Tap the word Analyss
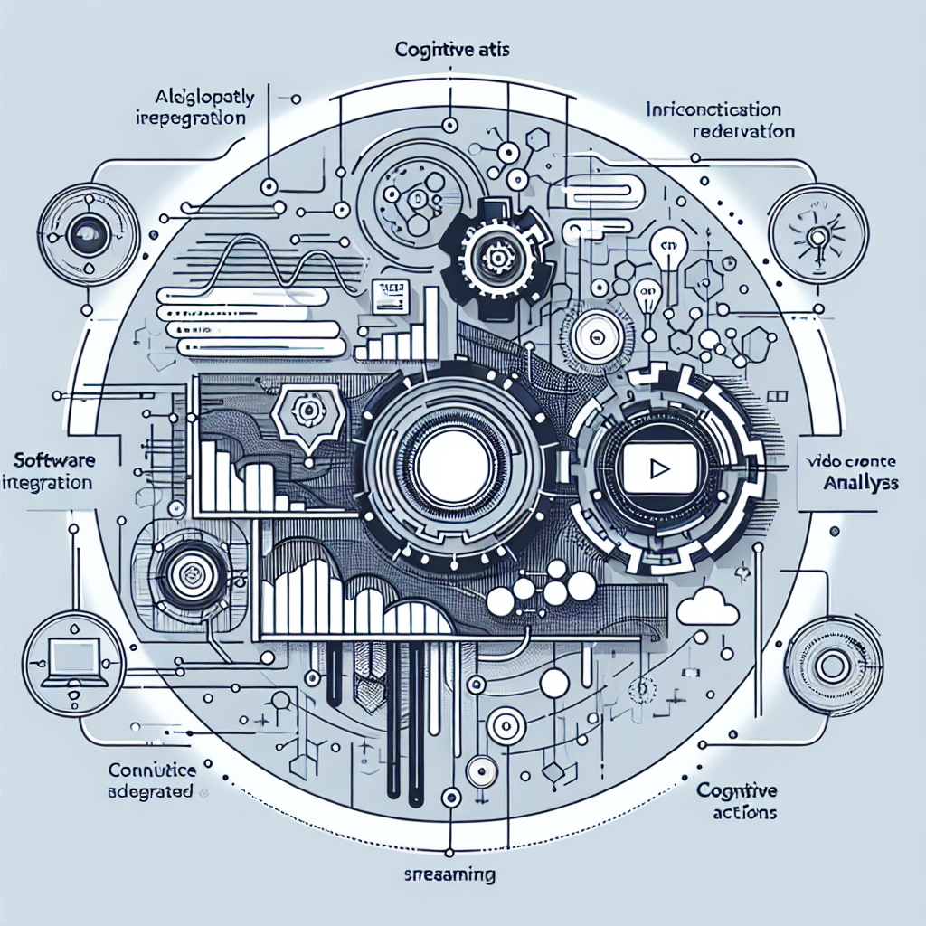click(x=861, y=483)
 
